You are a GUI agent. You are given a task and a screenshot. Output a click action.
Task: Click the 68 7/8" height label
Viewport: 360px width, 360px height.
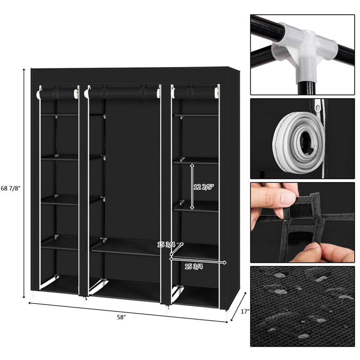pos(10,188)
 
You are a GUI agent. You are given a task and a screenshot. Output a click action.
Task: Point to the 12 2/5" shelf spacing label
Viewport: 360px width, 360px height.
pos(204,187)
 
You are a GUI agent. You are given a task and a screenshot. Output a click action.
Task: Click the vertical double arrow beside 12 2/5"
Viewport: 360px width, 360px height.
pos(192,186)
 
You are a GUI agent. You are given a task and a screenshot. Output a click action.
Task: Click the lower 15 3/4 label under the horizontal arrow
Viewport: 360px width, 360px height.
pos(194,266)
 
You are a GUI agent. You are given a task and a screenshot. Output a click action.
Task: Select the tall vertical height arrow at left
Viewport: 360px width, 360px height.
pos(24,183)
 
